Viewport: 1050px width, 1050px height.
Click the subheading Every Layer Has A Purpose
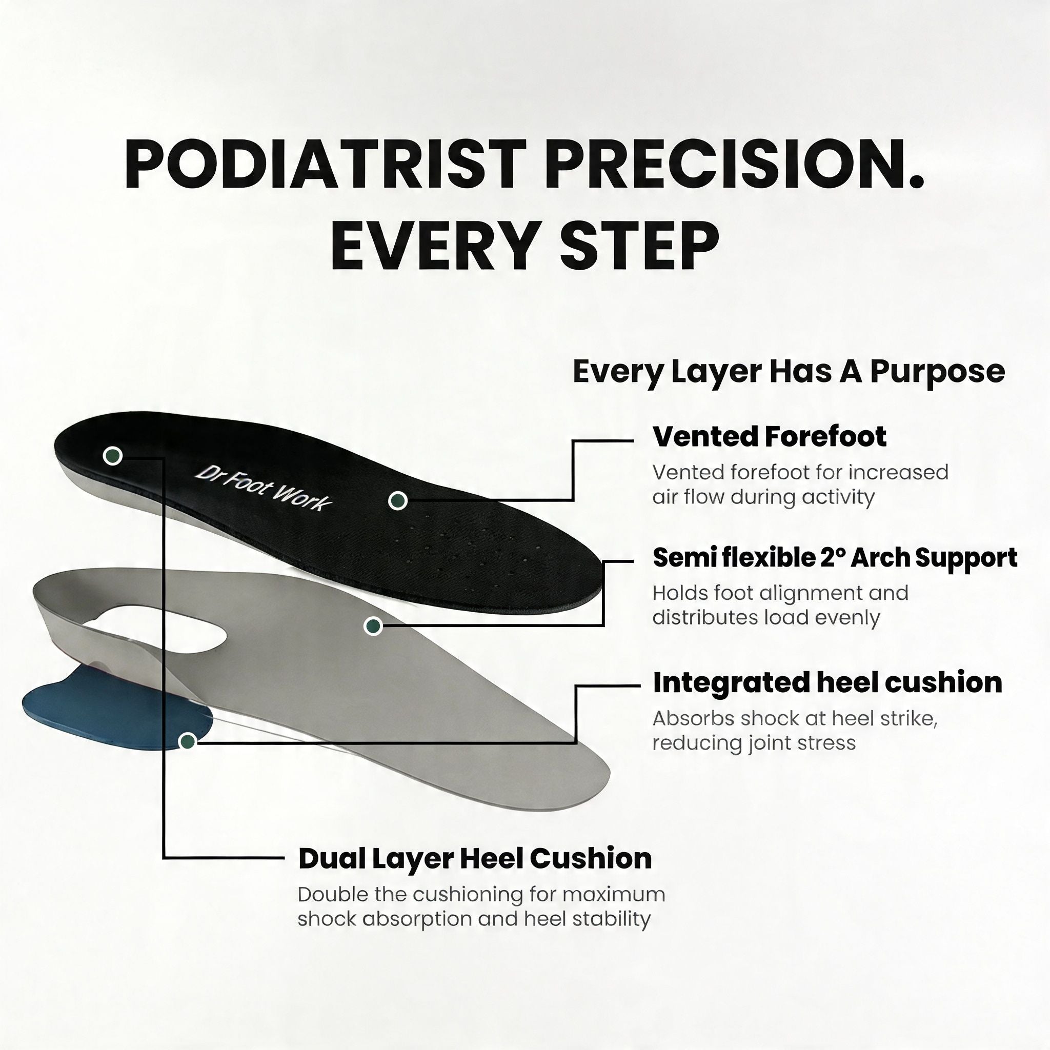789,372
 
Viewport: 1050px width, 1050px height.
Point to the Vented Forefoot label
769,436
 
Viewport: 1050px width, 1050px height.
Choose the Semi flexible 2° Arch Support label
834,558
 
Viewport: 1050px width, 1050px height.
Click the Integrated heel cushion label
827,682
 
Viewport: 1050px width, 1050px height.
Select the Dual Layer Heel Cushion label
475,859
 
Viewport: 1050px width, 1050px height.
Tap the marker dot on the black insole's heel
112,455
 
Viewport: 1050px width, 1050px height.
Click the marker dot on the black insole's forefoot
398,500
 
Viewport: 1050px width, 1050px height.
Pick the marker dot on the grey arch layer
373,627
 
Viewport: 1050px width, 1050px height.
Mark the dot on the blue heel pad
188,741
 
